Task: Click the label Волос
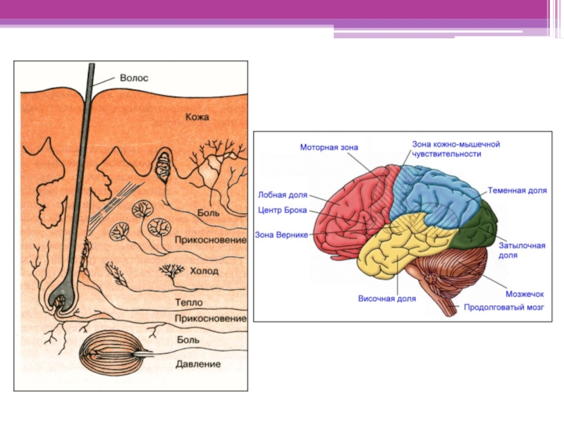pyautogui.click(x=133, y=78)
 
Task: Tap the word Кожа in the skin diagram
pyautogui.click(x=197, y=117)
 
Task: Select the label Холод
pyautogui.click(x=204, y=271)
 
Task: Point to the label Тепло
pyautogui.click(x=189, y=302)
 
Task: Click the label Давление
pyautogui.click(x=198, y=364)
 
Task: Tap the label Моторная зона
pyautogui.click(x=329, y=147)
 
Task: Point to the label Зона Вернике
pyautogui.click(x=281, y=234)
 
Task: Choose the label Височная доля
pyautogui.click(x=386, y=299)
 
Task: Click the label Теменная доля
pyautogui.click(x=517, y=190)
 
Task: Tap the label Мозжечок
pyautogui.click(x=523, y=293)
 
